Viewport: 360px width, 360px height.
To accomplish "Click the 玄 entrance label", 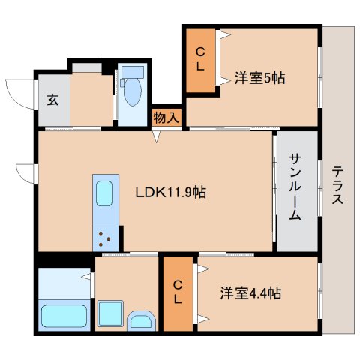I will pyautogui.click(x=52, y=99).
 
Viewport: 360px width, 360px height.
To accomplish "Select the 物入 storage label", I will pyautogui.click(x=166, y=117).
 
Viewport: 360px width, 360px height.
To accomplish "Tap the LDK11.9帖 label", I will pyautogui.click(x=171, y=193).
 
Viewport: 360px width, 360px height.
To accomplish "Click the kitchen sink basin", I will pyautogui.click(x=105, y=193).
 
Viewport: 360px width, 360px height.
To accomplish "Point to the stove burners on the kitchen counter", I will pyautogui.click(x=106, y=238).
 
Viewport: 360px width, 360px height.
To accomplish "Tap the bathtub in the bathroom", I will pyautogui.click(x=65, y=315).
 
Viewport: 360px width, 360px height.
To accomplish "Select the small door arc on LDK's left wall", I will pyautogui.click(x=25, y=172).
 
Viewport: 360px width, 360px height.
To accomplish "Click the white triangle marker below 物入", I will pyautogui.click(x=156, y=136).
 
